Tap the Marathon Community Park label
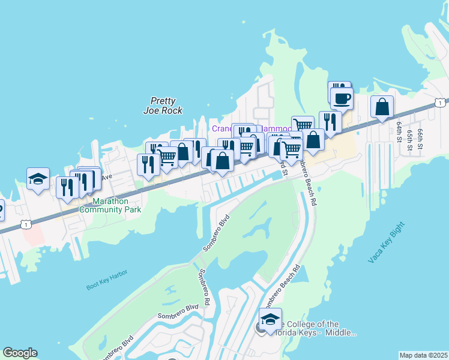[110, 205]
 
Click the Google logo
[20, 353]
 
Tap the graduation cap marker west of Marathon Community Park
[38, 178]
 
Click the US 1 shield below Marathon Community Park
[25, 224]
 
